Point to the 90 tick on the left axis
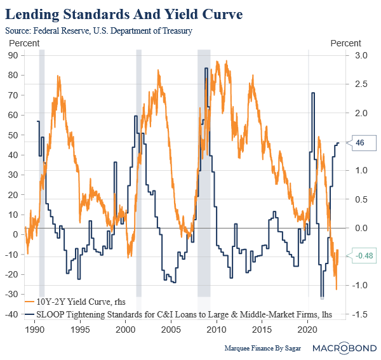(x=13, y=55)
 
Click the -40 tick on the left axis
(x=11, y=315)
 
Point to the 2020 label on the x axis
(x=307, y=330)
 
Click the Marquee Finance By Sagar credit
(x=261, y=348)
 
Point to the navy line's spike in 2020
(x=313, y=93)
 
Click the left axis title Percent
(x=23, y=43)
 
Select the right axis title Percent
(x=345, y=43)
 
